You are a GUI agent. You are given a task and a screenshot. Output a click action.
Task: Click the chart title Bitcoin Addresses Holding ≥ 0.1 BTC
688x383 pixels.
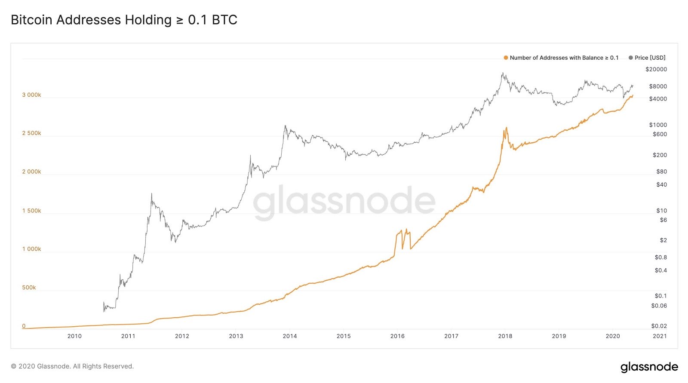click(124, 20)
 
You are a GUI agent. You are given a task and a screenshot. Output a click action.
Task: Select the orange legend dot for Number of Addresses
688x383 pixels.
click(506, 58)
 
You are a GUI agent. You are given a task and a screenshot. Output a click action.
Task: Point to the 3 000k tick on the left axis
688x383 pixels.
click(31, 95)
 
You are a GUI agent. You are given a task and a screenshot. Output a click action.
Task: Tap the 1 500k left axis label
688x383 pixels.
click(31, 211)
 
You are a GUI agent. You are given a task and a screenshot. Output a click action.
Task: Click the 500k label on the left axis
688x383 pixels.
click(29, 288)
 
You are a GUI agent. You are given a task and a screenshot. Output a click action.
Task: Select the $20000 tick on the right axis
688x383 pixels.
click(656, 69)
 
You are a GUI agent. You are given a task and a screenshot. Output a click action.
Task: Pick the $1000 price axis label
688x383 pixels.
click(658, 125)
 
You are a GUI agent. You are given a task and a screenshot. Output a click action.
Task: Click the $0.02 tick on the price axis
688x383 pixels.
click(659, 326)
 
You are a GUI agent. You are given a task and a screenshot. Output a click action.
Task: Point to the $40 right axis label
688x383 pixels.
click(661, 185)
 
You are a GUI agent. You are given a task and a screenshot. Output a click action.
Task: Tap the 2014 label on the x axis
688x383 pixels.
click(289, 336)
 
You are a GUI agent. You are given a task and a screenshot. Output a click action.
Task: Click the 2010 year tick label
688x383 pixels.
click(74, 336)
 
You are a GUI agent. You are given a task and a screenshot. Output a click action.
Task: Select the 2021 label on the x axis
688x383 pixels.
click(659, 336)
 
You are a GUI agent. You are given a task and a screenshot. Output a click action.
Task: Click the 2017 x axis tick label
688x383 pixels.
click(451, 336)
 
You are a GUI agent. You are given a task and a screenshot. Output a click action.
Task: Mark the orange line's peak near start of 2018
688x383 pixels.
click(507, 128)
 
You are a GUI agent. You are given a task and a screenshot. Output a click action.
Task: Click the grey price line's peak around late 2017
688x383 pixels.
click(502, 74)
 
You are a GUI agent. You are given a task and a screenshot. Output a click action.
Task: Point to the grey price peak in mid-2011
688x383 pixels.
click(151, 194)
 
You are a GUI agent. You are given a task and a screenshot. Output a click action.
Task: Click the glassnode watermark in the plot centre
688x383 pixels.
click(344, 201)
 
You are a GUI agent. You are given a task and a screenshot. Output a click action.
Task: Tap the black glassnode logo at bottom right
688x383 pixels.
click(649, 367)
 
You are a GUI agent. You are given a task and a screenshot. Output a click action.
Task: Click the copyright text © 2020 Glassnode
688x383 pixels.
click(72, 366)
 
